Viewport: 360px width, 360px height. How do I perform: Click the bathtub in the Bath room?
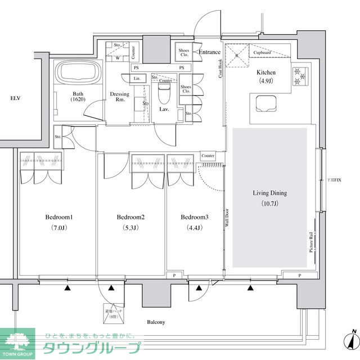[x=78, y=73]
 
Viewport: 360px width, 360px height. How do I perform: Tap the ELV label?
[x=15, y=98]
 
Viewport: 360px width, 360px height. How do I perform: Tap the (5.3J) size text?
[x=131, y=228]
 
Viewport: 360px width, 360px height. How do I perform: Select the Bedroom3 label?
[x=195, y=217]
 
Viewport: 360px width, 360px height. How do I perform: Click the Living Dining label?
[x=269, y=193]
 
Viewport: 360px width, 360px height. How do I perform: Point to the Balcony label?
[x=156, y=322]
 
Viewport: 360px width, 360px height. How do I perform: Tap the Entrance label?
[x=209, y=52]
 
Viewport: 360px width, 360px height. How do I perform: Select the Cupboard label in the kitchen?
[x=263, y=53]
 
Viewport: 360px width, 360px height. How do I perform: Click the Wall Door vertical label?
[x=226, y=217]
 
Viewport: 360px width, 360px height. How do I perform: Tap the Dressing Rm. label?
[x=119, y=97]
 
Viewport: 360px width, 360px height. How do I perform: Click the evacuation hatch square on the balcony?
[x=112, y=313]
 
